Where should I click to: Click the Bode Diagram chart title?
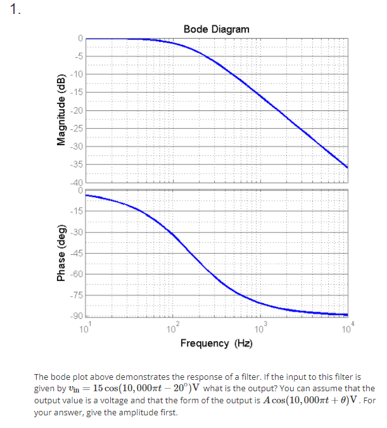[216, 29]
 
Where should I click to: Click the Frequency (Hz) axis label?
[216, 343]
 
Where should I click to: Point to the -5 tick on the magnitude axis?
[78, 56]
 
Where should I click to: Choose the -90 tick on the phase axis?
[77, 316]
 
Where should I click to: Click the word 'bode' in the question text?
[61, 377]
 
